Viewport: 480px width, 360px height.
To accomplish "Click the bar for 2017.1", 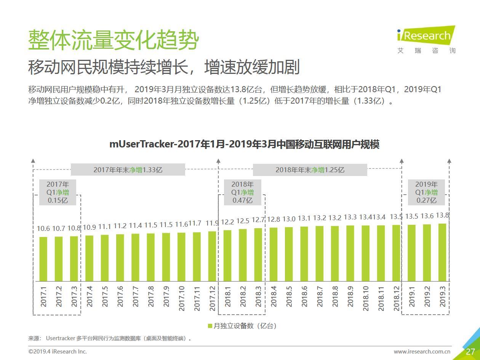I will (x=43, y=259).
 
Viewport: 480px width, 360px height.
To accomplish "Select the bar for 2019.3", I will (x=442, y=252).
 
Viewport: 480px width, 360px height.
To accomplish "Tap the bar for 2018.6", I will (x=304, y=254).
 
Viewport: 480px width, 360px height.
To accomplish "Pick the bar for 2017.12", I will (x=212, y=256).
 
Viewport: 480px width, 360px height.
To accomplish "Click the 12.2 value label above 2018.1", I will (x=227, y=222).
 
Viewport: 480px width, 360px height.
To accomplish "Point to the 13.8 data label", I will (x=442, y=215).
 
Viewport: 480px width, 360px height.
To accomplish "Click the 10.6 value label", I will (x=43, y=228).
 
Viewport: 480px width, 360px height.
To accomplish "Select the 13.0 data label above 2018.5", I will (x=289, y=219).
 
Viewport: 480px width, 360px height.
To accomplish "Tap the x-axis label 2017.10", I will (x=181, y=298).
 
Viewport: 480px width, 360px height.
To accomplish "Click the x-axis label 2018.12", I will (x=396, y=298).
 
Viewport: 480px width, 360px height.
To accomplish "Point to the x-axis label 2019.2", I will (x=427, y=296).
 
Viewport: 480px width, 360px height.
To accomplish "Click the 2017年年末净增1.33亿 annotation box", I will (x=128, y=170).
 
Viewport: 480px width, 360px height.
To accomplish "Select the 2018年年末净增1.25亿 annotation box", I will (x=310, y=170).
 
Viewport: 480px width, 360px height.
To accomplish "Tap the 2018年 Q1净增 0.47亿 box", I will (x=242, y=192).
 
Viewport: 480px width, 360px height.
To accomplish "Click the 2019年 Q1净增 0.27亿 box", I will (x=426, y=192).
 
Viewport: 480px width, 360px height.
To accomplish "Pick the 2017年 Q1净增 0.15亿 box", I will (x=58, y=192).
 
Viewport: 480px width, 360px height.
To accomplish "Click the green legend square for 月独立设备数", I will (x=210, y=326).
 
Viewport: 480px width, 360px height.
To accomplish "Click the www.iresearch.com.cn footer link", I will (x=422, y=352).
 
